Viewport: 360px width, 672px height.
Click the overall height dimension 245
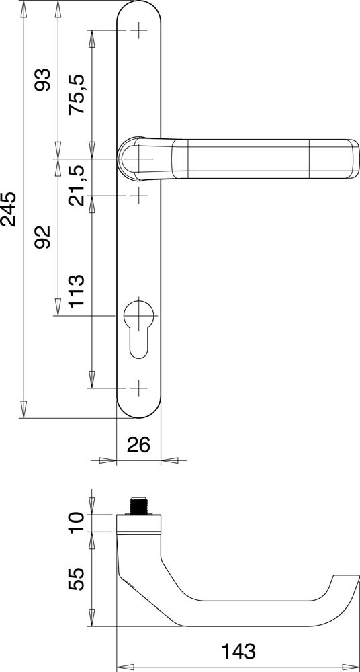(x=9, y=209)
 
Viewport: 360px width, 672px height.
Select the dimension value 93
(x=43, y=79)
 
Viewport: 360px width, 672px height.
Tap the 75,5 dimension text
(x=77, y=93)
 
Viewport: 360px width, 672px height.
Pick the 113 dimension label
(x=77, y=292)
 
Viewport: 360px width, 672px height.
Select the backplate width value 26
(x=138, y=445)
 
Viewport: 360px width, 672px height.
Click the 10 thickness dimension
(x=77, y=522)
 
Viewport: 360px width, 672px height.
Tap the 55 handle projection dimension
(x=77, y=579)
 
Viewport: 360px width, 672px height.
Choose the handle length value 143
(x=238, y=651)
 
